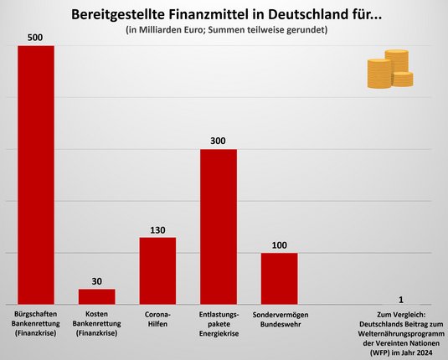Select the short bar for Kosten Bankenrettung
pyautogui.click(x=96, y=296)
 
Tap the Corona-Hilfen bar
pyautogui.click(x=157, y=270)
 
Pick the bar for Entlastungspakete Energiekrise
pyautogui.click(x=218, y=226)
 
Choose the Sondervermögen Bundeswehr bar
pyautogui.click(x=279, y=278)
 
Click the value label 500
pyautogui.click(x=36, y=37)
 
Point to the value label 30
pyautogui.click(x=96, y=280)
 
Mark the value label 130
pyautogui.click(x=157, y=229)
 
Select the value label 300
pyautogui.click(x=218, y=141)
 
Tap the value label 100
pyautogui.click(x=279, y=244)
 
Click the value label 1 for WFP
pyautogui.click(x=401, y=299)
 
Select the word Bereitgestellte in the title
pyautogui.click(x=112, y=14)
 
